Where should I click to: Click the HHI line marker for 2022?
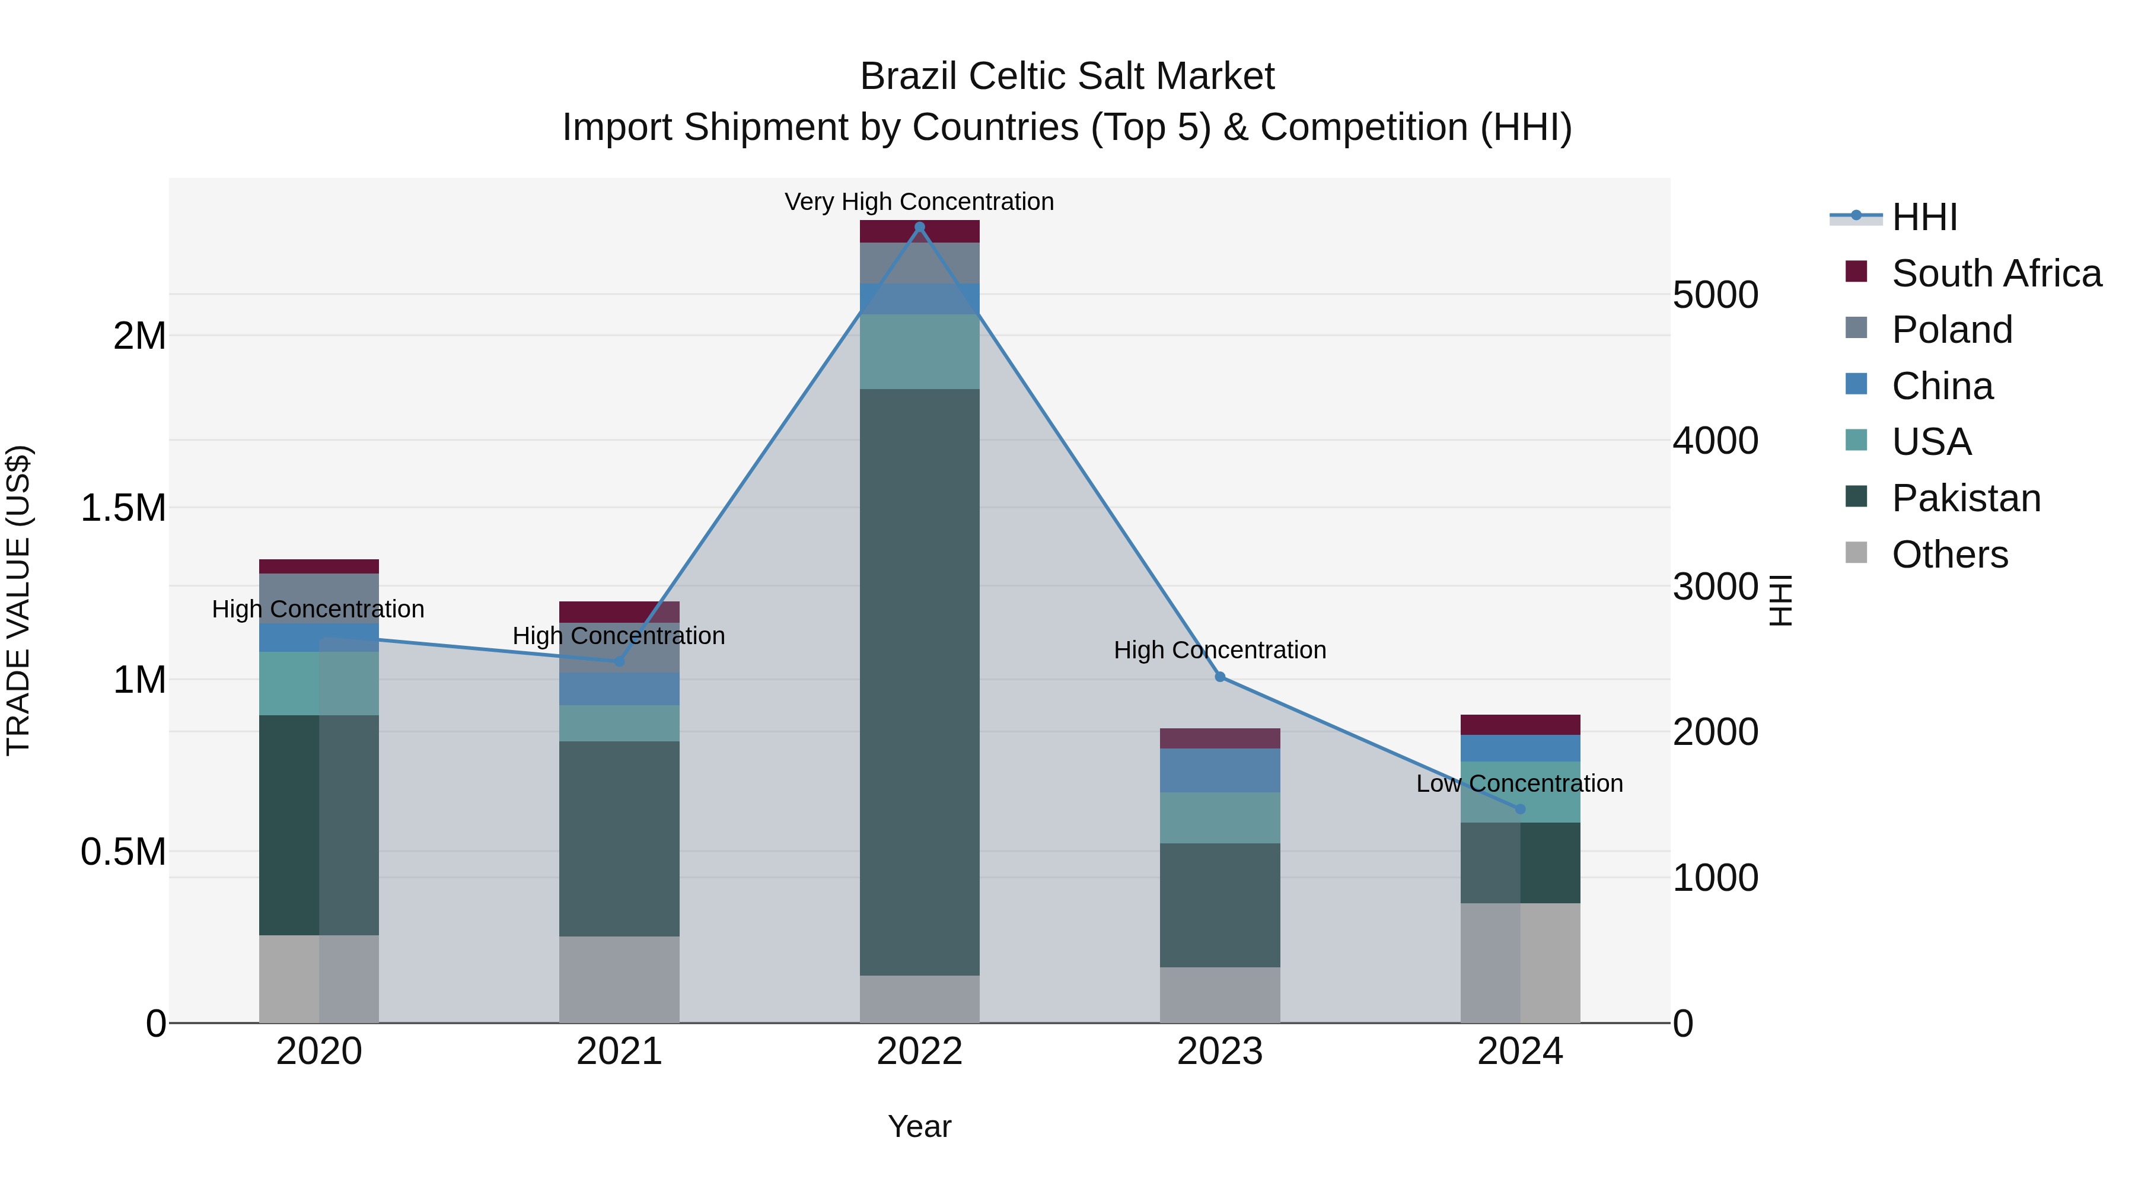click(x=919, y=227)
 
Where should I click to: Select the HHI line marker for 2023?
click(x=1220, y=677)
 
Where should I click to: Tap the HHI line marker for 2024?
click(x=1520, y=809)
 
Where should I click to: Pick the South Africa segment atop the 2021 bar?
click(x=619, y=611)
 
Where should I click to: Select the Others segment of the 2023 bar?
click(x=1220, y=995)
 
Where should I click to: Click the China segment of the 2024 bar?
click(x=1520, y=748)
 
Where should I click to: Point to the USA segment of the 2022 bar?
click(x=919, y=352)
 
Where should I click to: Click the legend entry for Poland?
click(x=1951, y=330)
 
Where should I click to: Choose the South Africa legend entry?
click(x=1996, y=273)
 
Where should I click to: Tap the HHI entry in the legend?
click(x=1923, y=217)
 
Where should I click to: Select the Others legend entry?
click(x=1949, y=555)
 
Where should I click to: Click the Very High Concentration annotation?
click(x=919, y=202)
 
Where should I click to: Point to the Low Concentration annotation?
click(x=1519, y=783)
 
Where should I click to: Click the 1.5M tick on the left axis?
click(x=123, y=508)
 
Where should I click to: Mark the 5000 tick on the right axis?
click(x=1715, y=295)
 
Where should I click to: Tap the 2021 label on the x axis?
click(x=619, y=1052)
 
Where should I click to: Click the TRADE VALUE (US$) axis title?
click(x=18, y=600)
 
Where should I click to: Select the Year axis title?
click(x=919, y=1126)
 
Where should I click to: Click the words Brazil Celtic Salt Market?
click(x=1067, y=77)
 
